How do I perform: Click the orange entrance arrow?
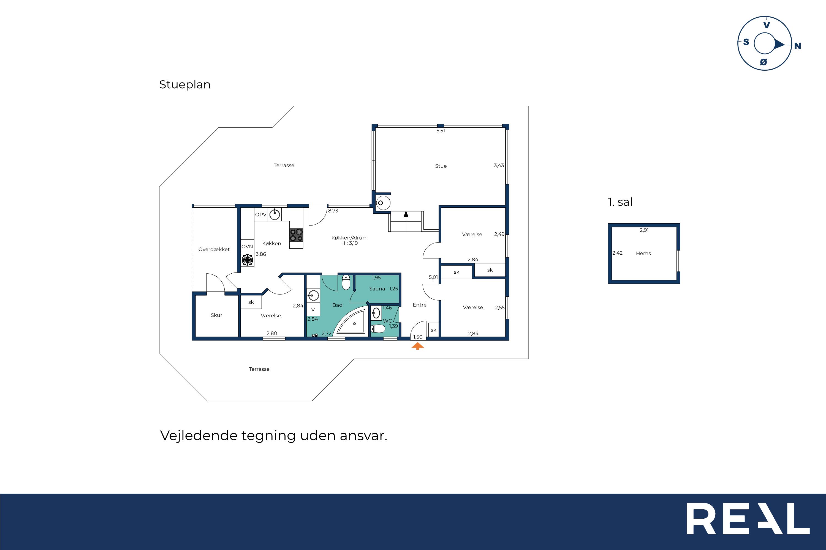coord(418,346)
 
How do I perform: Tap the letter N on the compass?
coord(798,46)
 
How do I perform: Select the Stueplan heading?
coord(185,84)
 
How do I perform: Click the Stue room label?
coord(441,166)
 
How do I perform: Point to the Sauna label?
coord(377,289)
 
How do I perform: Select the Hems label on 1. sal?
coord(643,253)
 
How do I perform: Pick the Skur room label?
coord(216,315)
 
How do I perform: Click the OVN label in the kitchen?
coord(247,247)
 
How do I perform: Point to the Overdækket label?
coord(214,249)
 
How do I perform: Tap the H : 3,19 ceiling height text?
coord(349,243)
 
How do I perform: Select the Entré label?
coord(420,305)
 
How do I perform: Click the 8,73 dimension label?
coord(333,211)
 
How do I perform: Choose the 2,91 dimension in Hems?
coord(644,230)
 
